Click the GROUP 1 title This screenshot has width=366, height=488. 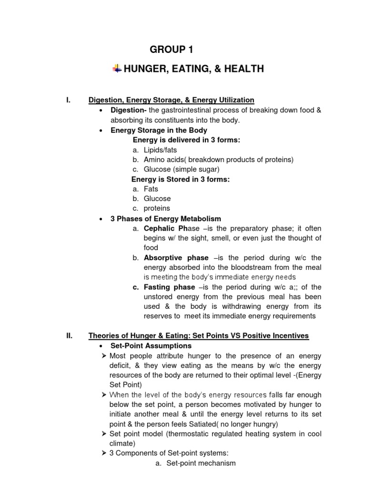click(x=172, y=50)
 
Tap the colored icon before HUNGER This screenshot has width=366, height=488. click(x=117, y=69)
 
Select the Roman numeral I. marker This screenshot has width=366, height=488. click(x=69, y=100)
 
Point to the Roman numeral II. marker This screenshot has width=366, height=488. click(x=70, y=336)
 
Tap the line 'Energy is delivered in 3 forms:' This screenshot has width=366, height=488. click(x=186, y=140)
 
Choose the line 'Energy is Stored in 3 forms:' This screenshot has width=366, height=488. click(x=180, y=179)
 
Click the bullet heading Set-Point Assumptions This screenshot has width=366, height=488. click(x=151, y=346)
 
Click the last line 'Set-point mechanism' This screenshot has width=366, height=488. click(x=201, y=463)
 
